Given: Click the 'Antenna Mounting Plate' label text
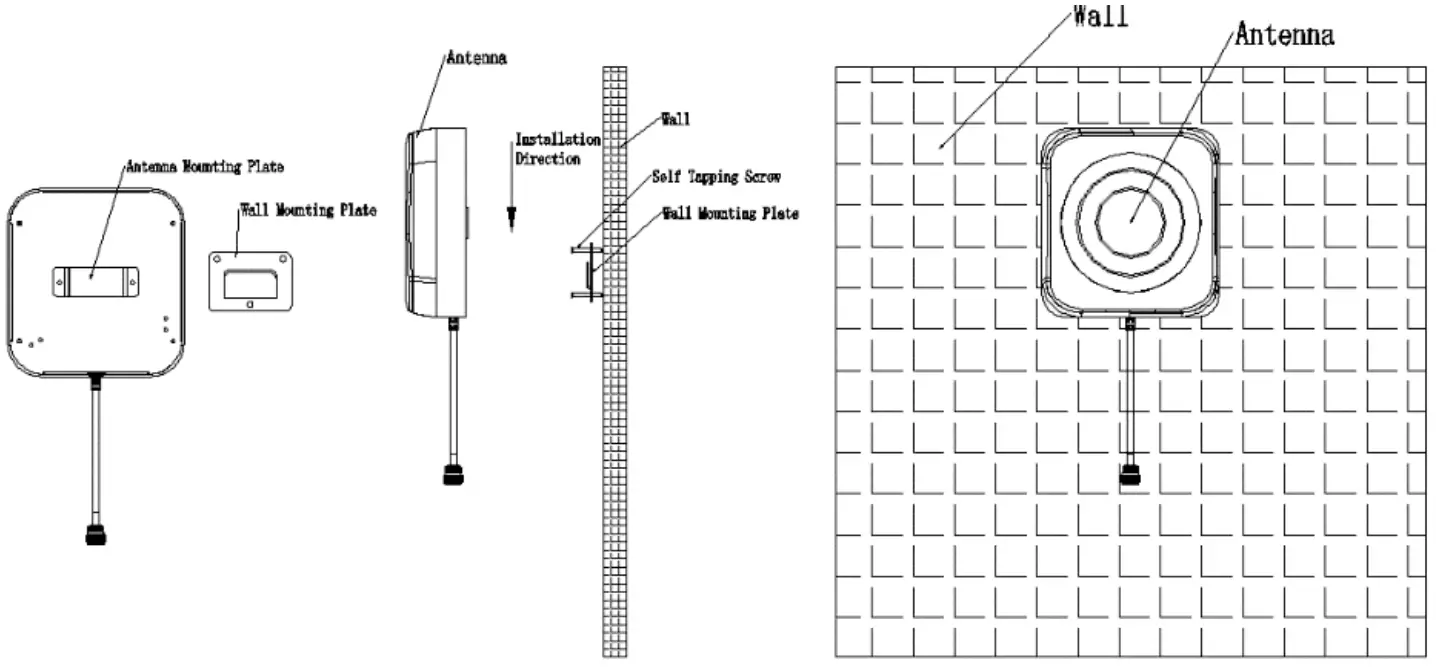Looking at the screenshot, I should (x=204, y=167).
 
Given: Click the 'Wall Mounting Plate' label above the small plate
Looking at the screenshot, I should (x=307, y=211).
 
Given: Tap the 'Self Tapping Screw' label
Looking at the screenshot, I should (x=715, y=177).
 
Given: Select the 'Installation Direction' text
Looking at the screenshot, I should (x=556, y=149).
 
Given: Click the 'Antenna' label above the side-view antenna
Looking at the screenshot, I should (x=475, y=58).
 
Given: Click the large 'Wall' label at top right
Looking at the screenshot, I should (x=1100, y=17).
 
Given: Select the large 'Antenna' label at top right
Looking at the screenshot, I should (x=1284, y=35).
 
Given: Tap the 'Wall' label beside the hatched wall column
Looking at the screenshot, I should (x=676, y=119).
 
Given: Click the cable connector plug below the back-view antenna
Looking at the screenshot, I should (x=96, y=535).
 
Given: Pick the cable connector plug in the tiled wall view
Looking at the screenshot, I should (x=1130, y=474).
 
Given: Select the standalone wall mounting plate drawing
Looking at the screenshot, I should (x=250, y=281).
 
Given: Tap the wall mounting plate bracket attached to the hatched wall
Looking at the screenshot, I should (x=589, y=272).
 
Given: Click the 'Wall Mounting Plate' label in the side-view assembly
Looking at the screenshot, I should (x=730, y=214).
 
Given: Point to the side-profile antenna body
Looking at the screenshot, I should (x=436, y=222).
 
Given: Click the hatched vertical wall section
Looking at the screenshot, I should (x=614, y=450).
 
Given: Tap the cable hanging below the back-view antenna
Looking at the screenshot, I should (x=96, y=450).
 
